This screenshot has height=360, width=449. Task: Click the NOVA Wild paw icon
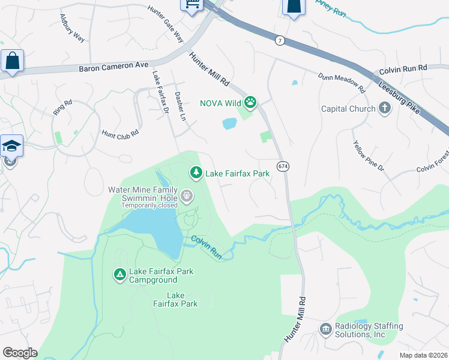click(250, 103)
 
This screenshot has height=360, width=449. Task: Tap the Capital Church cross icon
click(384, 109)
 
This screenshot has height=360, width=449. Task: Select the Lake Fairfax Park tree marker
click(196, 173)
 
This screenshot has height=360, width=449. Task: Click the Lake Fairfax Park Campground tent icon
click(119, 275)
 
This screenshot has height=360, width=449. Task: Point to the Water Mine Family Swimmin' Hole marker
click(187, 195)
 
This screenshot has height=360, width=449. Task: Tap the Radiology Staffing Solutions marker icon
click(326, 329)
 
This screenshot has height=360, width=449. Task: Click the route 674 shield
click(282, 165)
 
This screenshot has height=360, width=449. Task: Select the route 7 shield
click(280, 40)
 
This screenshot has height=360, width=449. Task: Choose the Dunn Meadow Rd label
click(342, 83)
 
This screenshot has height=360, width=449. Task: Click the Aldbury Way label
click(73, 28)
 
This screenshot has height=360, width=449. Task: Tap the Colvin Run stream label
click(207, 247)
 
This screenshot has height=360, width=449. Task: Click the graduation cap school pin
click(11, 146)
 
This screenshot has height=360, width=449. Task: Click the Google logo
click(20, 353)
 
